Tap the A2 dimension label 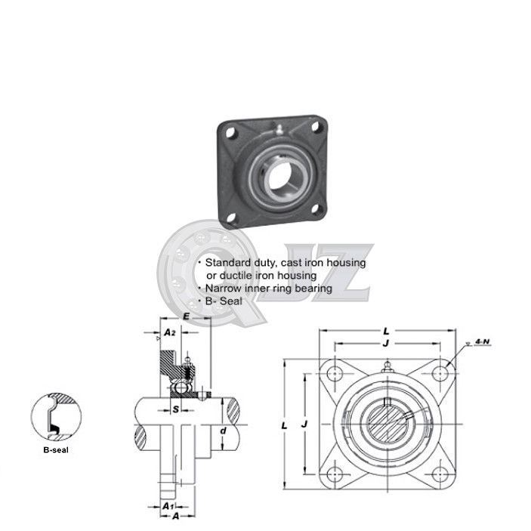pos(170,332)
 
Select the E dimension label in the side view pos(186,318)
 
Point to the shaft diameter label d pos(223,431)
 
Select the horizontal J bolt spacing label pos(386,342)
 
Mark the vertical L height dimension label pos(285,426)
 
